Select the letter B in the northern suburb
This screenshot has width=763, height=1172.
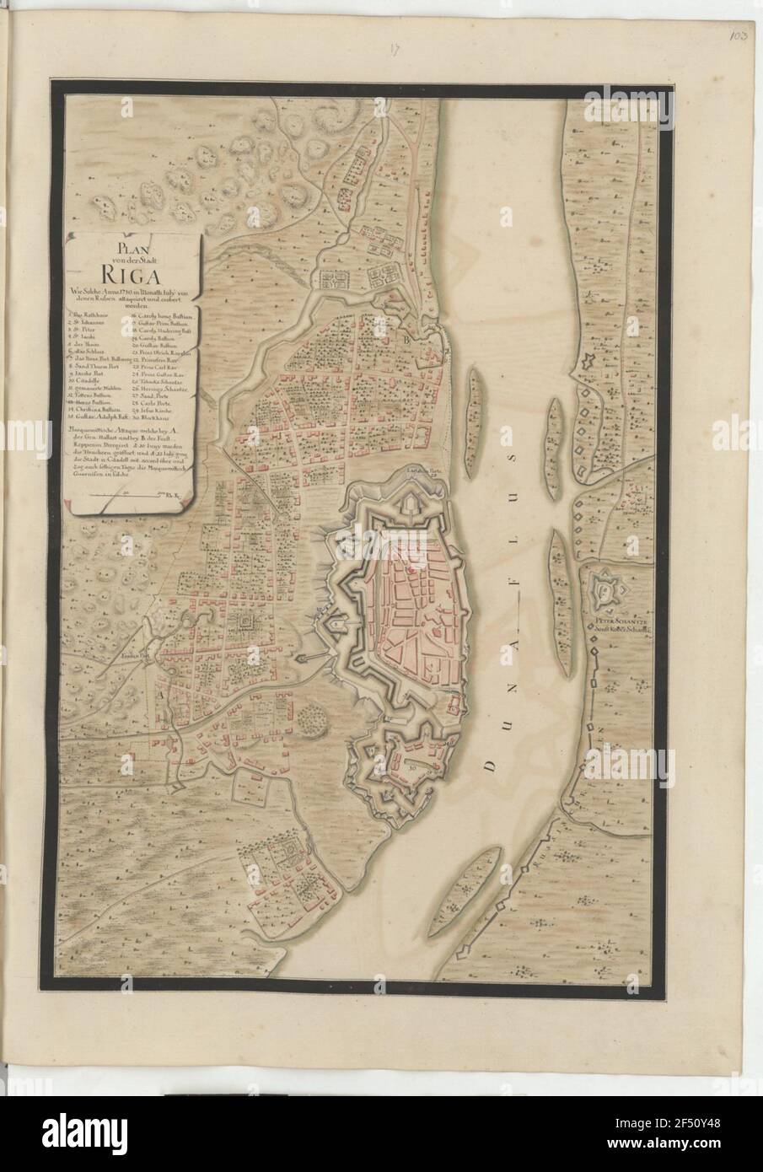pyautogui.click(x=406, y=339)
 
